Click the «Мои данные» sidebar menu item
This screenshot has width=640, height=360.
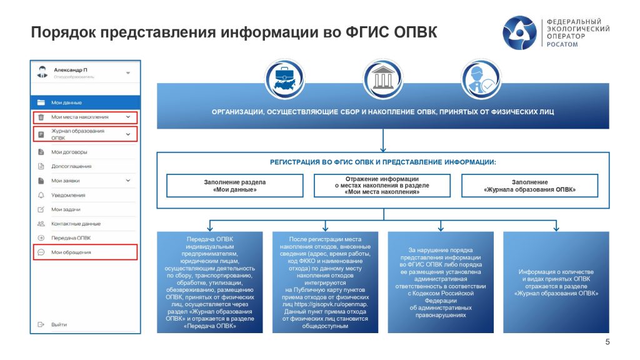click(x=67, y=102)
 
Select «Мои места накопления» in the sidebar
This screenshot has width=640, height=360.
click(x=80, y=117)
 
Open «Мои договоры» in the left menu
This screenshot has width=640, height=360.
click(x=69, y=152)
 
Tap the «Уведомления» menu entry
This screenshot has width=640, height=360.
click(x=68, y=195)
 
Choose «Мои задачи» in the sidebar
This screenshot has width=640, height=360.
click(x=66, y=209)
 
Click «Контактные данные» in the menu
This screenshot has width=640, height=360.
click(x=76, y=224)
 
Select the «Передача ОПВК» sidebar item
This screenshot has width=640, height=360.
click(x=71, y=238)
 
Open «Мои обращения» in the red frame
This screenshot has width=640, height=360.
click(x=71, y=252)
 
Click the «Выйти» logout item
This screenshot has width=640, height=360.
click(x=59, y=325)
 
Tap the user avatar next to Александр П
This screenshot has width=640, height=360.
click(x=42, y=72)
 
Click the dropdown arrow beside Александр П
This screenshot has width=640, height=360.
click(x=129, y=72)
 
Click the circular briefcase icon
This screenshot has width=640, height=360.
click(x=285, y=79)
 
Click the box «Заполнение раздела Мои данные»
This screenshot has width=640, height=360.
click(x=234, y=186)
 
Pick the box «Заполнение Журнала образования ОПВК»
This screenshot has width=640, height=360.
click(x=529, y=186)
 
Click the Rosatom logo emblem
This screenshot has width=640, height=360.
click(x=521, y=34)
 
